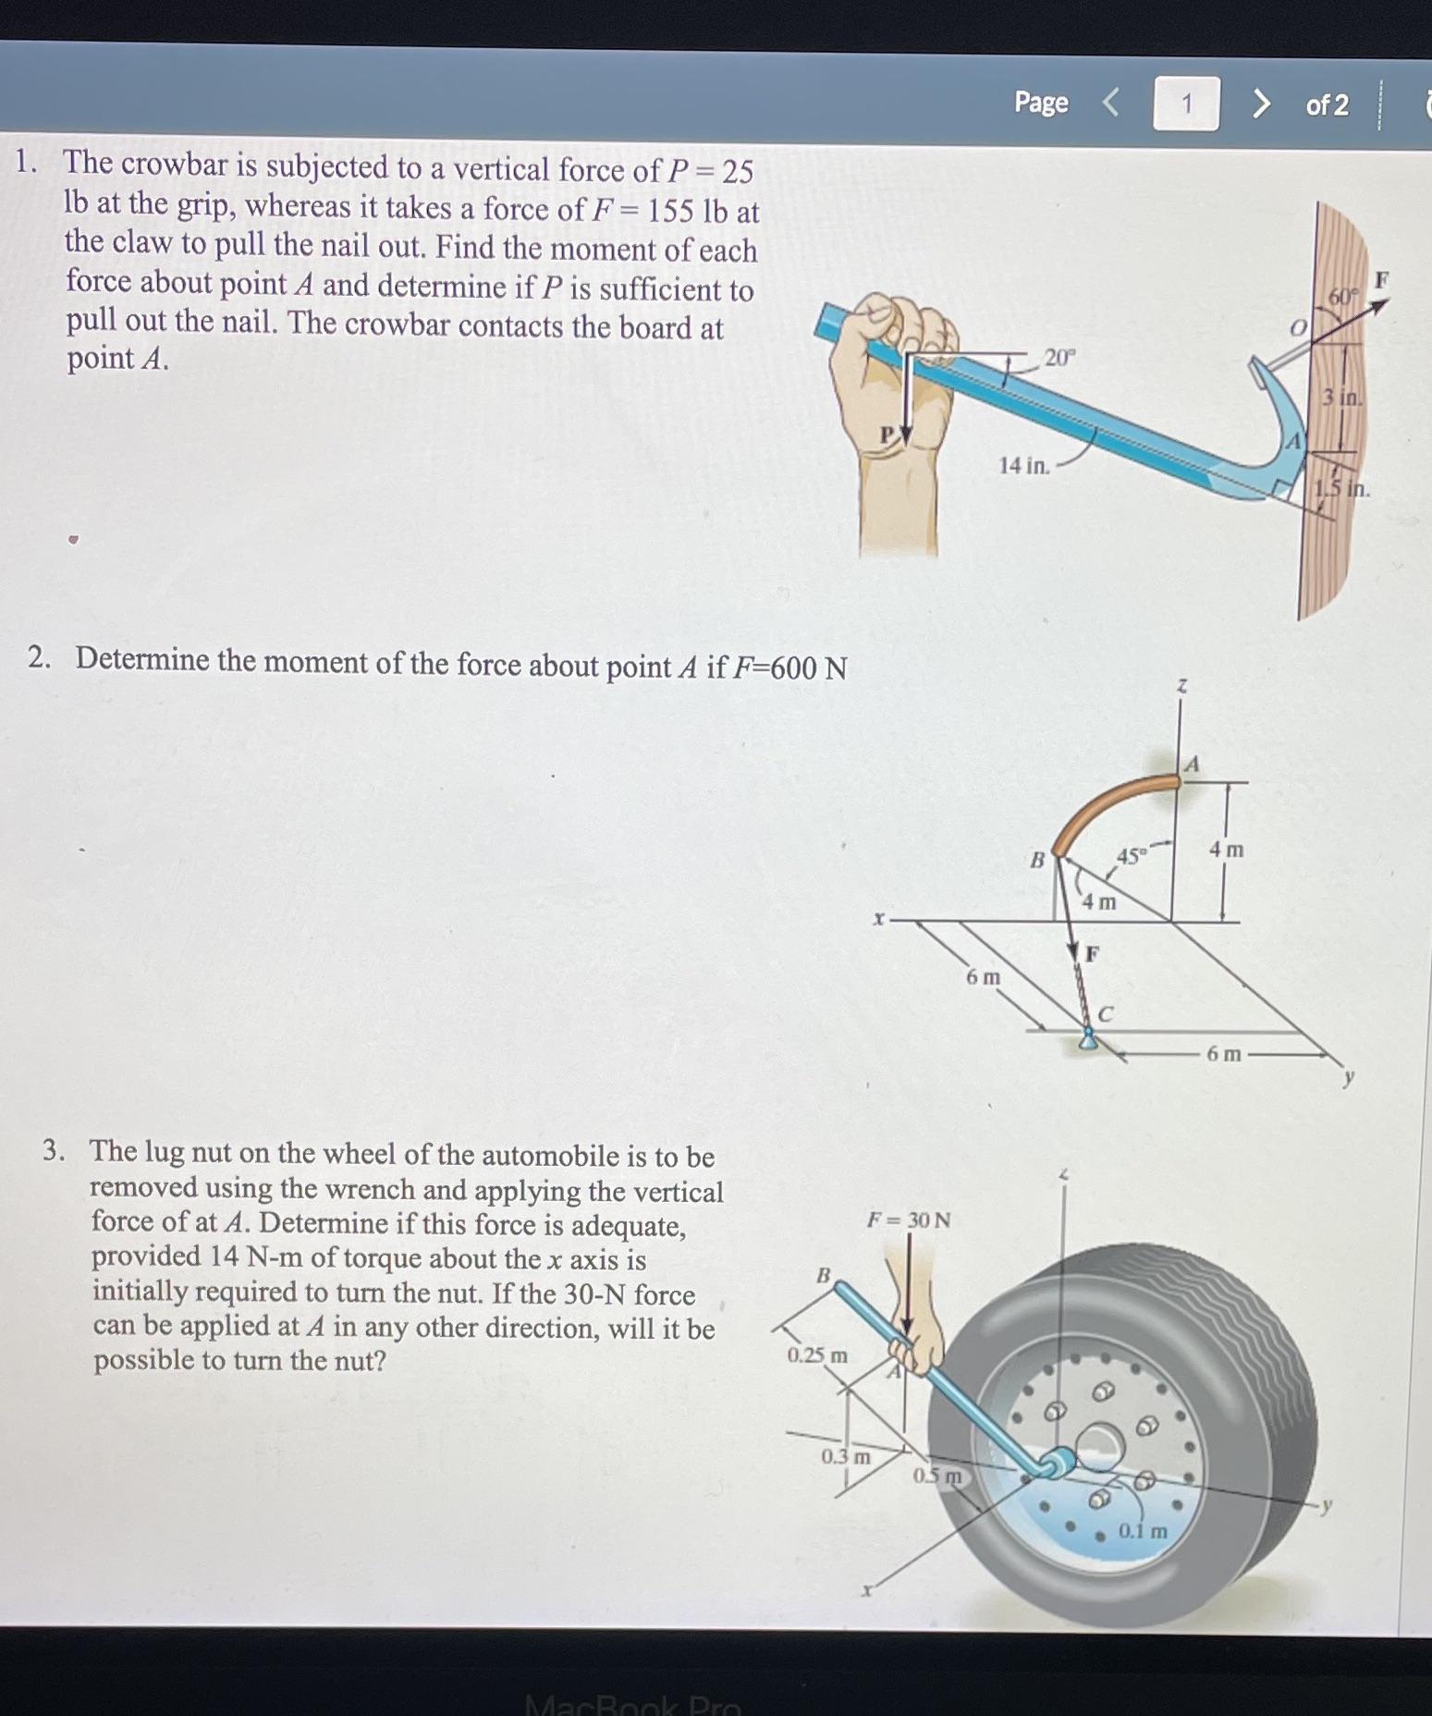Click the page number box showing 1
pos(1186,104)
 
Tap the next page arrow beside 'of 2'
pos(1260,104)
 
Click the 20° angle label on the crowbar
pos(1059,357)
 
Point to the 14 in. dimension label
pos(1024,465)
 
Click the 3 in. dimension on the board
pos(1341,398)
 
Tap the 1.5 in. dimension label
pos(1343,488)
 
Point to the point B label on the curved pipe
pos(1037,860)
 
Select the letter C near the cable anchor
pos(1106,1014)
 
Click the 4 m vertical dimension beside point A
pos(1227,849)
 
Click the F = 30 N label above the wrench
pos(908,1220)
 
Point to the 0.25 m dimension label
pos(817,1355)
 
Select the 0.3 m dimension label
pos(846,1456)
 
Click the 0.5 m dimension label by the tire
pos(937,1476)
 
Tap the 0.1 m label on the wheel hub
pos(1143,1530)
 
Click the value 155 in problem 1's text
pos(670,211)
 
